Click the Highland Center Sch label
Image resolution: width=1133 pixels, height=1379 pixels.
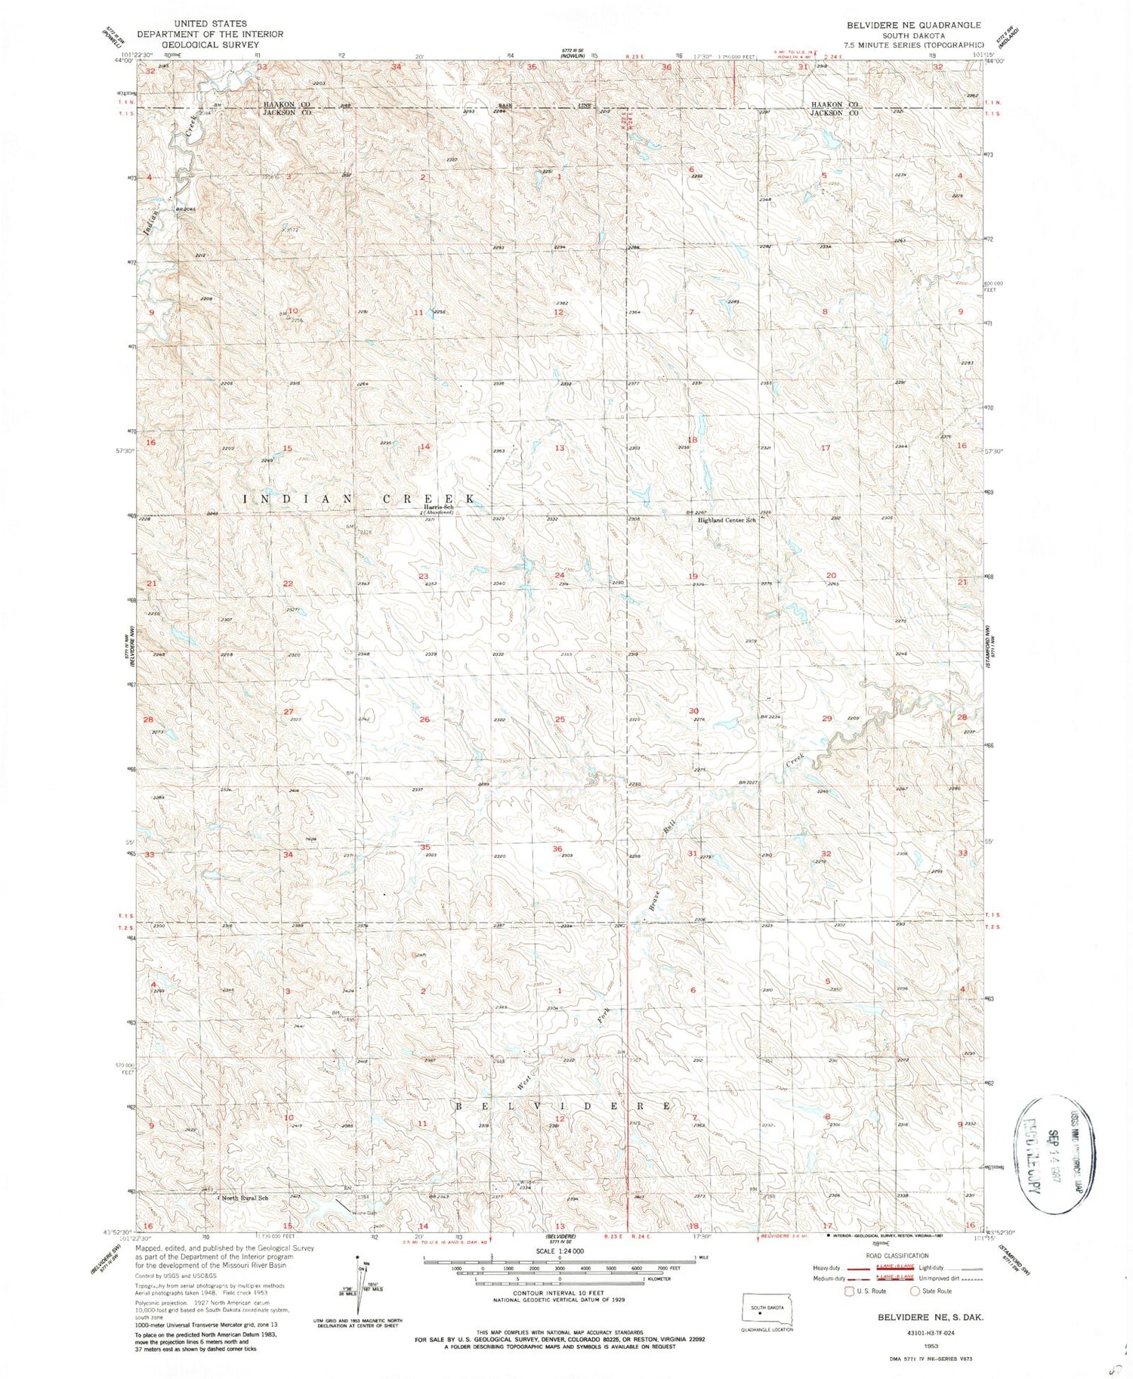coord(726,520)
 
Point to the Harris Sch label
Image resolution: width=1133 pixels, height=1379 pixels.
coord(438,507)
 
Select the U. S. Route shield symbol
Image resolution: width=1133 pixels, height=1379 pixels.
coord(851,1291)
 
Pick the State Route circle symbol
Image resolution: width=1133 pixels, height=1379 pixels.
coord(915,1291)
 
